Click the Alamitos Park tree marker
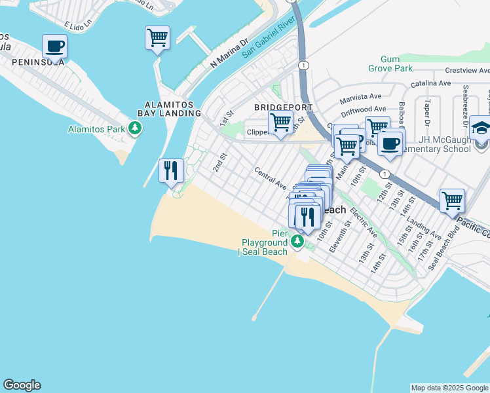tap(135, 128)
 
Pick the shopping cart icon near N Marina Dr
tap(157, 38)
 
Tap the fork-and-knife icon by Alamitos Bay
tap(170, 171)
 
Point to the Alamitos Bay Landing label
tap(173, 108)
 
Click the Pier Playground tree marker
tap(297, 243)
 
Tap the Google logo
tap(22, 385)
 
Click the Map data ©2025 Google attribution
tap(449, 388)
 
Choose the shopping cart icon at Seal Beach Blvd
tap(452, 200)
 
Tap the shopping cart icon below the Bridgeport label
tap(280, 122)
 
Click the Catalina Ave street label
tap(431, 84)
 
